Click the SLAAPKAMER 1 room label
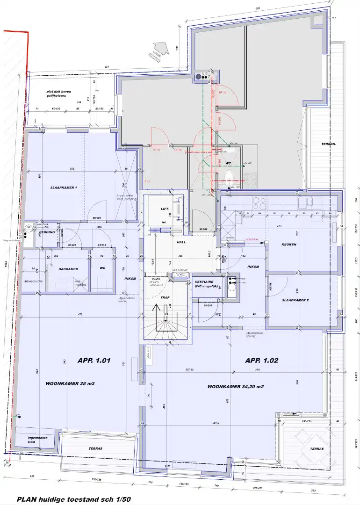coord(64,187)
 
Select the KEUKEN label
coord(290,245)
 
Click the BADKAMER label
coord(68,269)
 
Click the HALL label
coord(181,242)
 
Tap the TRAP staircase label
coord(164,297)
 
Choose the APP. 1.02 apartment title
coord(261,361)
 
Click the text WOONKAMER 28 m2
coord(70,383)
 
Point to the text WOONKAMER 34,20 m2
coord(236,387)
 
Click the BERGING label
coord(47,232)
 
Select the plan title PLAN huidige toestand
coord(74,499)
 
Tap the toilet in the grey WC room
coord(229,175)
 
